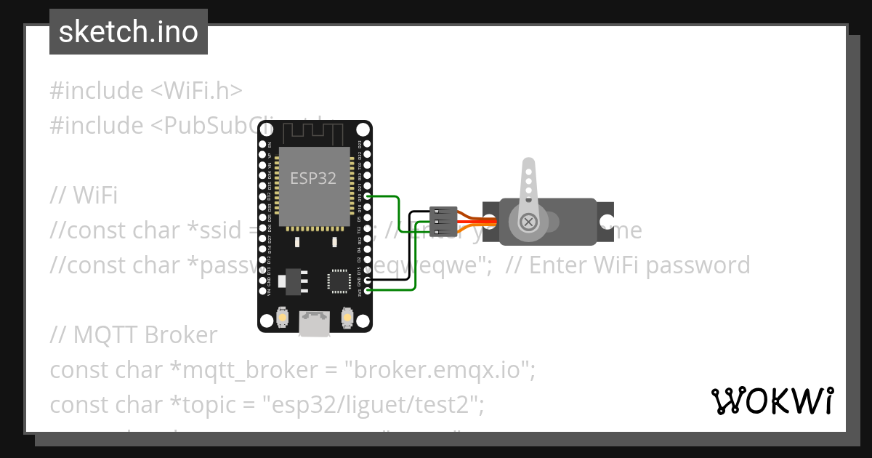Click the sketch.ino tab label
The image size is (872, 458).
pyautogui.click(x=129, y=32)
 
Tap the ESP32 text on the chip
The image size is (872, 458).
pyautogui.click(x=313, y=178)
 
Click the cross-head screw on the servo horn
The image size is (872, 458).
pyautogui.click(x=529, y=221)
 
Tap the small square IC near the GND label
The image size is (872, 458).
pyautogui.click(x=339, y=280)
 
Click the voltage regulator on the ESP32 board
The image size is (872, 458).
pyautogui.click(x=294, y=280)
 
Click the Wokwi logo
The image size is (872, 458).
pyautogui.click(x=772, y=401)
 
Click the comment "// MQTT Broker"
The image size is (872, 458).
pyautogui.click(x=134, y=335)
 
